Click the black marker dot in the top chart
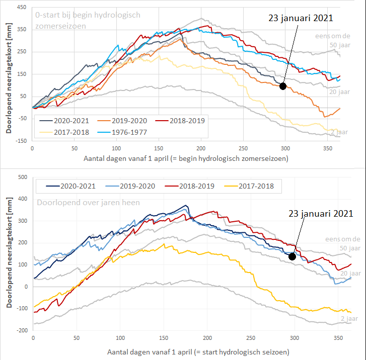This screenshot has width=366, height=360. click(283, 86)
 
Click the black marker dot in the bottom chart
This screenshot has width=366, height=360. click(292, 256)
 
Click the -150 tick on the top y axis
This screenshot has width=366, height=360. click(20, 141)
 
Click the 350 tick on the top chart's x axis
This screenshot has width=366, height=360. click(327, 149)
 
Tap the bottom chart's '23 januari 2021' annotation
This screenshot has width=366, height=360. click(321, 213)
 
